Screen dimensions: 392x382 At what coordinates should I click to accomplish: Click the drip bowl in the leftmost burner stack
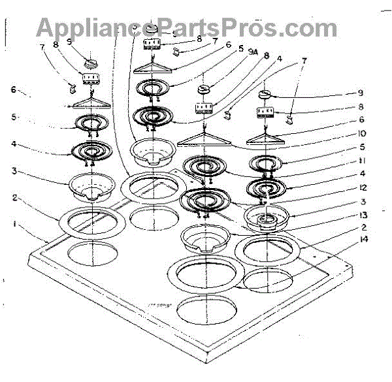[91, 183]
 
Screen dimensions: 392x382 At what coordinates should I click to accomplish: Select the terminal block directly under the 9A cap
[206, 106]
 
